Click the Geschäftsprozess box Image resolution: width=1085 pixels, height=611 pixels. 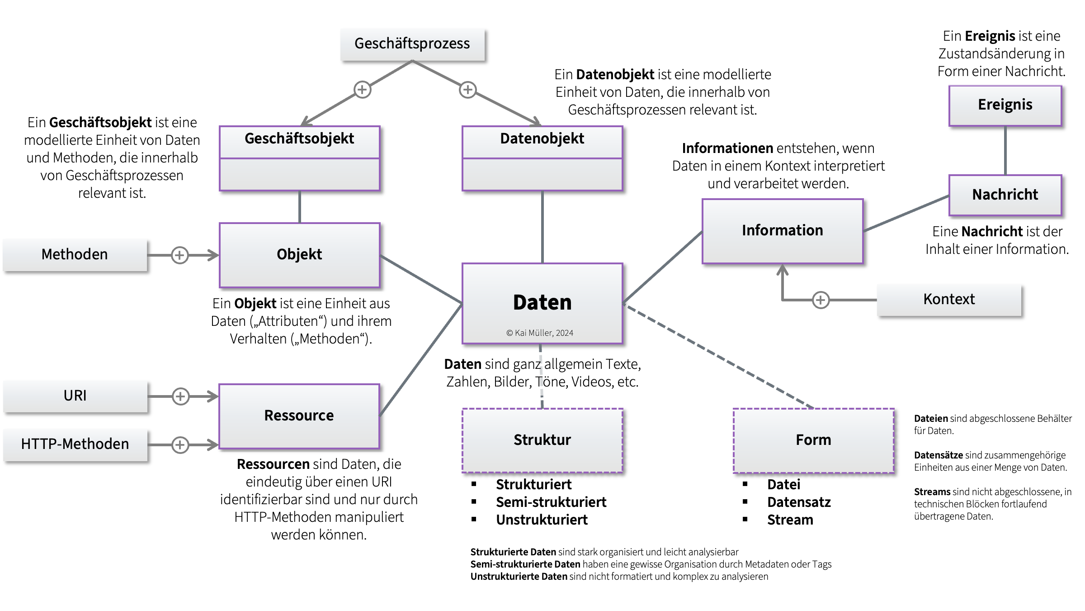[x=412, y=44]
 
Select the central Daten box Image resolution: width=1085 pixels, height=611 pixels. [x=542, y=303]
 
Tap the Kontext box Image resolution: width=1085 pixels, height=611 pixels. [x=949, y=300]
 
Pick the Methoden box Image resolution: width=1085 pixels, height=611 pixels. [x=75, y=255]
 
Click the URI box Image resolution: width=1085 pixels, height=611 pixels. [x=75, y=396]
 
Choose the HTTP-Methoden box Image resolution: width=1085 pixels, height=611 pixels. [x=75, y=444]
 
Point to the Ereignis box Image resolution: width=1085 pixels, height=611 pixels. [x=1005, y=105]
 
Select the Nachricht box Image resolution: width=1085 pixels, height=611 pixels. [x=1005, y=195]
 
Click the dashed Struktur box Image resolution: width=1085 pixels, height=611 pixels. [x=542, y=440]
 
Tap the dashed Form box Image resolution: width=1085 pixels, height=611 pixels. [x=813, y=440]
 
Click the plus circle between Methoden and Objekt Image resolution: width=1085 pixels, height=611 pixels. [x=180, y=255]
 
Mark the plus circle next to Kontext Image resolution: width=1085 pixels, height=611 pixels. [x=821, y=300]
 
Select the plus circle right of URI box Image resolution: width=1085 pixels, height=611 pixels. [x=180, y=396]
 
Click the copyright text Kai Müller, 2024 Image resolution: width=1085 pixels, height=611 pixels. [x=540, y=333]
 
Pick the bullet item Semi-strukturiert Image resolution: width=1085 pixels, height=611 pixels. [x=551, y=502]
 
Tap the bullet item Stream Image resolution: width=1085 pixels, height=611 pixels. [x=790, y=520]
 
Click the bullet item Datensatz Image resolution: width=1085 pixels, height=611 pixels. [x=799, y=502]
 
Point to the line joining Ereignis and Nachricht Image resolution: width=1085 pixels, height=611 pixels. [x=1005, y=150]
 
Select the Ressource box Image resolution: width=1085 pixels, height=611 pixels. [x=299, y=416]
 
